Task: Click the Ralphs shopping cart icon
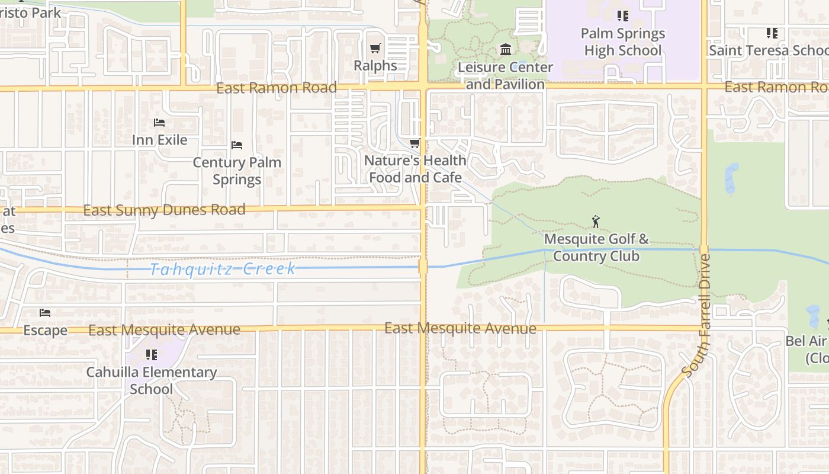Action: (x=375, y=48)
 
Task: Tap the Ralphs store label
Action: (x=375, y=65)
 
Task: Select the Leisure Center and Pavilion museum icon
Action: (x=505, y=49)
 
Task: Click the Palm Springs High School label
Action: (x=622, y=42)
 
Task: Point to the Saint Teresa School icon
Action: (x=772, y=33)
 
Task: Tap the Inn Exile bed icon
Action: (x=159, y=123)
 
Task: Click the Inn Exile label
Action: (x=159, y=140)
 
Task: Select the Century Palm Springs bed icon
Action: (x=237, y=145)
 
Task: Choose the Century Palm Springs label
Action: (x=237, y=171)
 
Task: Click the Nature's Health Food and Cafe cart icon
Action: (x=415, y=143)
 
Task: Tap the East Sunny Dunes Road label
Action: (x=164, y=210)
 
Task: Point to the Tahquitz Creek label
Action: (x=222, y=269)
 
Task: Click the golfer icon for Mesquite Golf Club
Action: (x=596, y=222)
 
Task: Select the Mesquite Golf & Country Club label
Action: (x=596, y=248)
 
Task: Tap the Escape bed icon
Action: (x=45, y=313)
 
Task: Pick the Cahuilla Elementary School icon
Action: (x=152, y=355)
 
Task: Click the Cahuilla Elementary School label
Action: (x=152, y=380)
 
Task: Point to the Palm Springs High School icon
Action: (x=622, y=16)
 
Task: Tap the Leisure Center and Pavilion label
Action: (x=505, y=76)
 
